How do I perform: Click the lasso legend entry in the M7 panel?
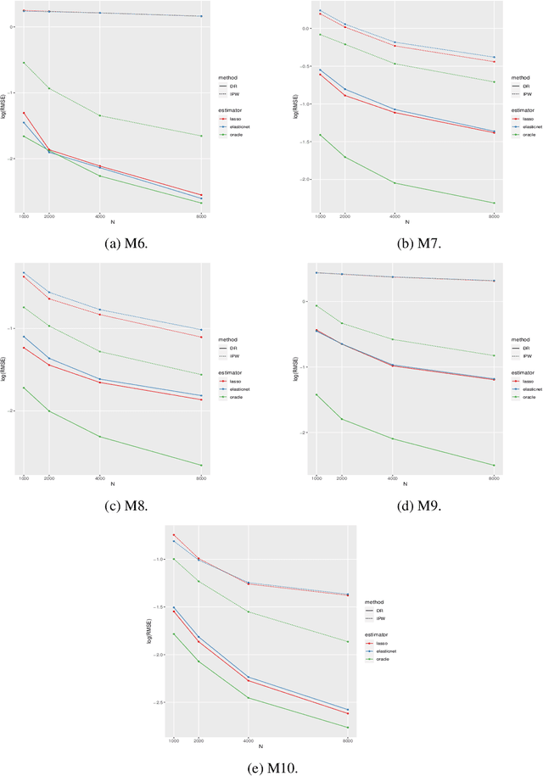tap(525, 120)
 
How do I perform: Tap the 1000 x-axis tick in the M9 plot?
tap(316, 478)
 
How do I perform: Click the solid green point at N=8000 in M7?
tap(494, 203)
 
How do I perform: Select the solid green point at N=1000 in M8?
tap(24, 388)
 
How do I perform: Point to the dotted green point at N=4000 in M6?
tap(100, 115)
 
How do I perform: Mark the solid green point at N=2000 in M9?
tap(342, 419)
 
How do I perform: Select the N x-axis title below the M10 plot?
tap(260, 746)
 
